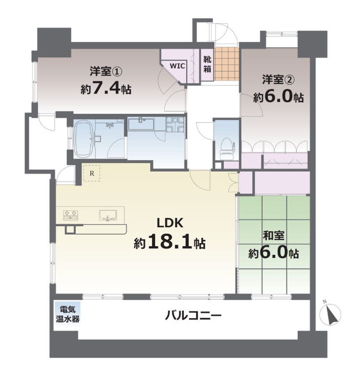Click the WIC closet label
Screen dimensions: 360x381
pyautogui.click(x=178, y=66)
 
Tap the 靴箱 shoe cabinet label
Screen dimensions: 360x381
pyautogui.click(x=207, y=64)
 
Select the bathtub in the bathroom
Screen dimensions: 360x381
pyautogui.click(x=84, y=139)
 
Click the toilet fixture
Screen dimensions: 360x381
pyautogui.click(x=227, y=149)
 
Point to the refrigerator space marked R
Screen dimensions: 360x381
pyautogui.click(x=92, y=173)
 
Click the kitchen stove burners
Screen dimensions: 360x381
pyautogui.click(x=71, y=215)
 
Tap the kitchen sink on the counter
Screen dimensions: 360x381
pyautogui.click(x=108, y=215)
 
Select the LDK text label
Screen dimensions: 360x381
pyautogui.click(x=170, y=223)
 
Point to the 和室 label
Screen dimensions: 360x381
pyautogui.click(x=273, y=235)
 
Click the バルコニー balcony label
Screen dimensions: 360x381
pyautogui.click(x=193, y=316)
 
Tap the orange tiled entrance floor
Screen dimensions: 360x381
pyautogui.click(x=227, y=64)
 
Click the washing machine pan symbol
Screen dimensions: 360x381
pyautogui.click(x=175, y=124)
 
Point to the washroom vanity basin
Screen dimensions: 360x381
pyautogui.click(x=141, y=124)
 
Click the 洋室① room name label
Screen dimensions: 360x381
pyautogui.click(x=106, y=71)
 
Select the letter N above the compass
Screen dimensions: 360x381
pyautogui.click(x=324, y=302)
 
